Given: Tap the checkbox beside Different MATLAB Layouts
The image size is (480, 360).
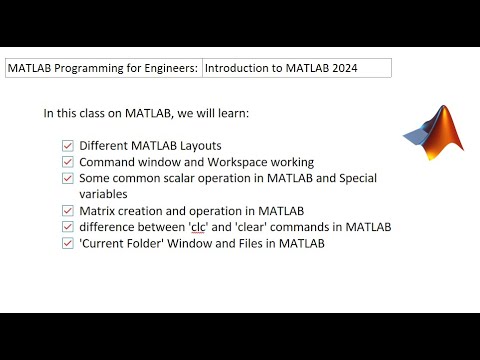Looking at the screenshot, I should coord(68,145).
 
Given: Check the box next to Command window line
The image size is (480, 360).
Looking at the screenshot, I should coord(68,161).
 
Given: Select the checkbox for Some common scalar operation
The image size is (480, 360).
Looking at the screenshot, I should coord(68,178).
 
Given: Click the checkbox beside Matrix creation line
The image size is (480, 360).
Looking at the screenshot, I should coord(68,210).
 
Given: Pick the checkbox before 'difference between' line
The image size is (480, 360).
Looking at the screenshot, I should coord(68,226).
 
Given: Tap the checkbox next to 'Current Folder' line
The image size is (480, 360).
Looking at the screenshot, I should coord(68,243).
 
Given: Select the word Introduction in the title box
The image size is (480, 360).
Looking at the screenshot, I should coord(239,68).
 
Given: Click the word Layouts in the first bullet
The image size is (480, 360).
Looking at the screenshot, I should coord(198,145).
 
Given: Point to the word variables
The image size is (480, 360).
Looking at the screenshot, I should coord(107,194).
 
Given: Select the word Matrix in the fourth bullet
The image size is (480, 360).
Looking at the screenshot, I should coord(99,210).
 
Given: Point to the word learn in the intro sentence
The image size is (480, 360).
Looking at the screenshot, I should coord(230,113).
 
